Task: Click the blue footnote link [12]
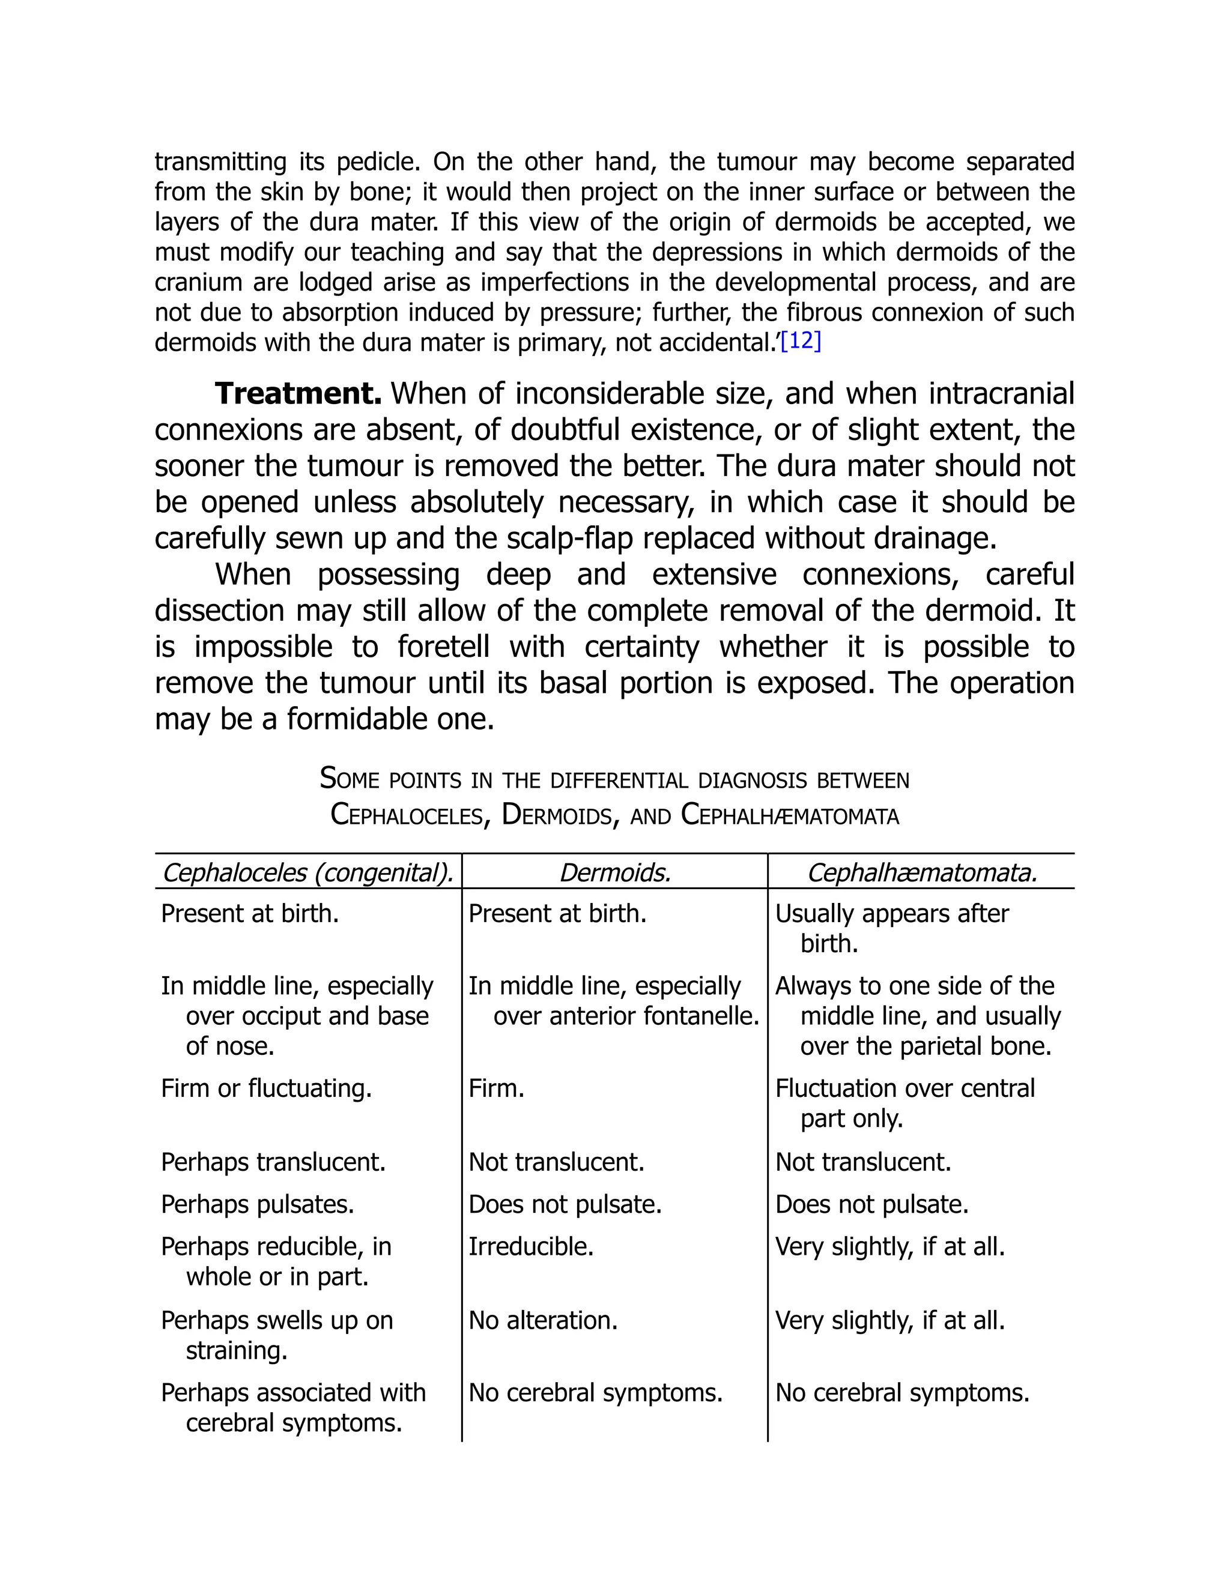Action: (x=800, y=342)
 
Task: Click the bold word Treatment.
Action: (x=298, y=394)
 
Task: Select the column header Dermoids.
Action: (x=614, y=872)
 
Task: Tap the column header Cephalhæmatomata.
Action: (x=922, y=872)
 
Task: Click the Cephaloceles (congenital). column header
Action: (x=307, y=872)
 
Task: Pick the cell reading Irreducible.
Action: (x=530, y=1246)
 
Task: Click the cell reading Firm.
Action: (x=496, y=1088)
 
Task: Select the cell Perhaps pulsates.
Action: (x=257, y=1204)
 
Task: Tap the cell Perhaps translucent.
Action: (x=273, y=1162)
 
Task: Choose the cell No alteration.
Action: (x=543, y=1320)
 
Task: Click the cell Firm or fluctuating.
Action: (x=266, y=1088)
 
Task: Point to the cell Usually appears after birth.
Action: (x=891, y=928)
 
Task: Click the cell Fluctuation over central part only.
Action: (x=904, y=1103)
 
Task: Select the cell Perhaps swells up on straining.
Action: (x=277, y=1335)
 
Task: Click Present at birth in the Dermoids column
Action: (x=557, y=914)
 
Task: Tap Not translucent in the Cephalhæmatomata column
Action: (x=864, y=1162)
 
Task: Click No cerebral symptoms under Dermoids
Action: (x=595, y=1393)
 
